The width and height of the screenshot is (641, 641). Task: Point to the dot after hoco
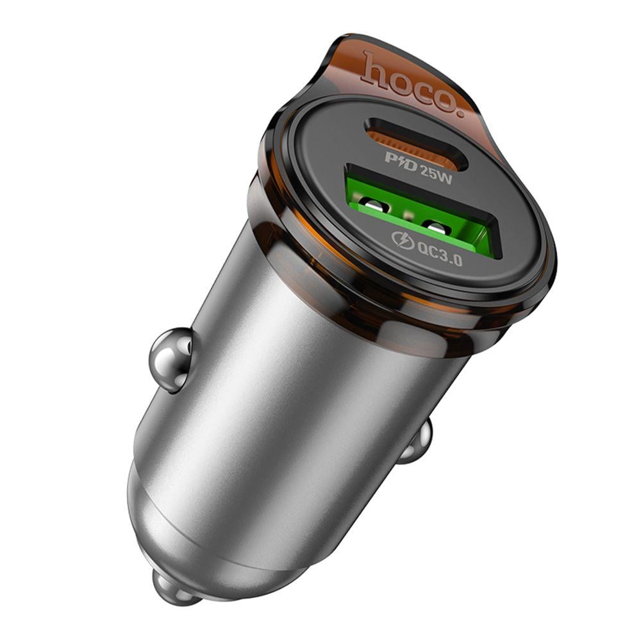(456, 112)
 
